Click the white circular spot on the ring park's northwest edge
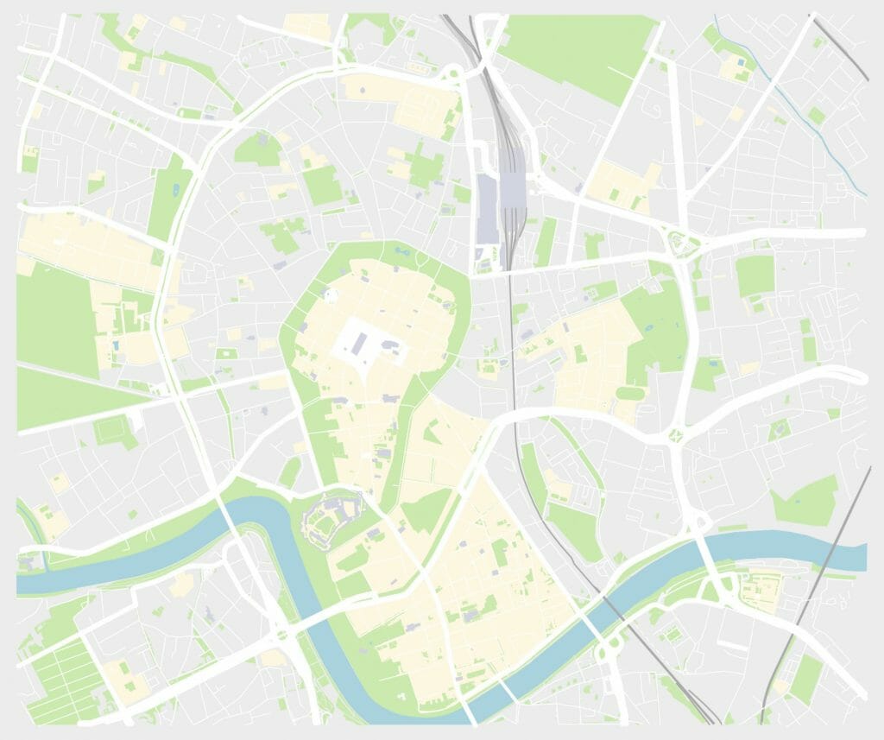[329, 295]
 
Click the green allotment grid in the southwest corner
[65, 678]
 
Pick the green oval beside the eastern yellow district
[630, 393]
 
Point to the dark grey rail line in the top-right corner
[842, 47]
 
